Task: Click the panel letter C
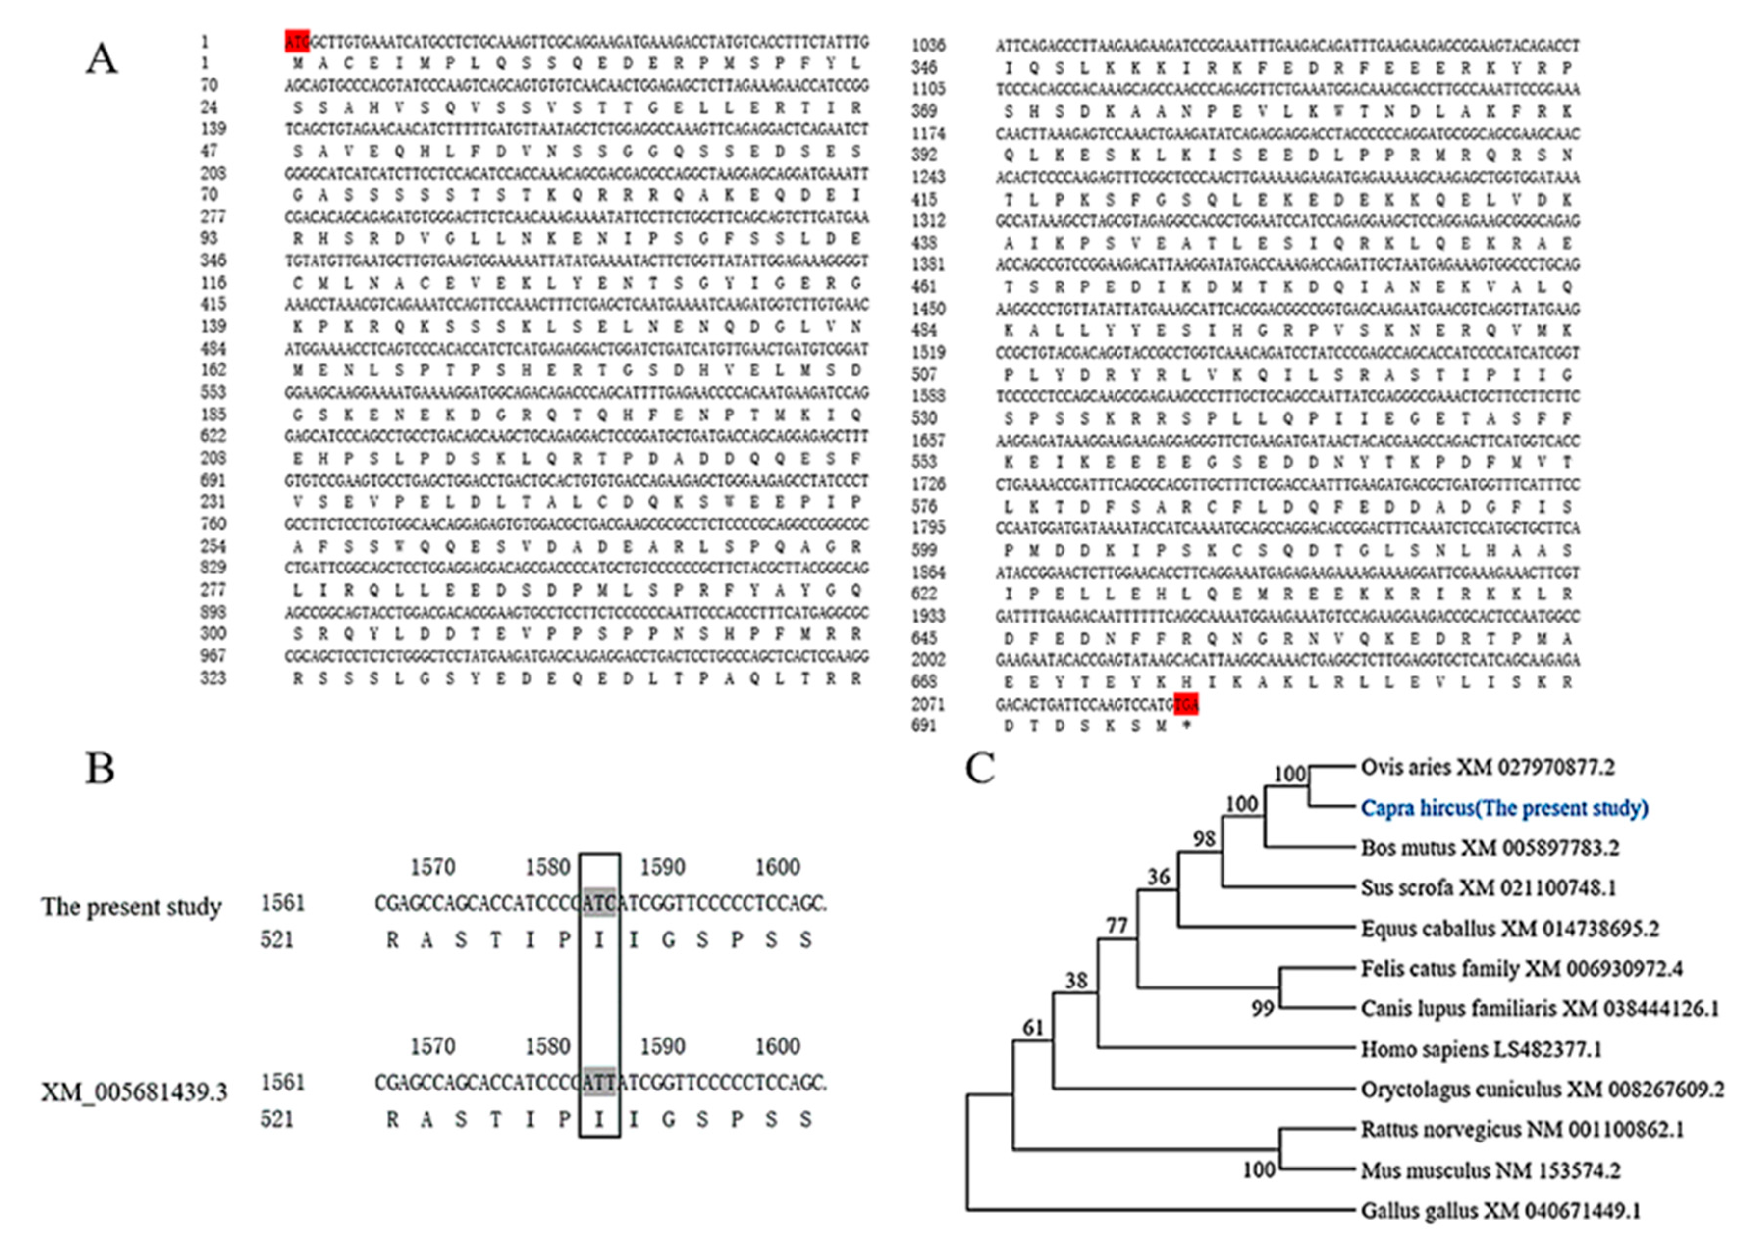pyautogui.click(x=980, y=768)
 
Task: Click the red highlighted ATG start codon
pyautogui.click(x=297, y=41)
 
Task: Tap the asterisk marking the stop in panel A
pyautogui.click(x=1187, y=725)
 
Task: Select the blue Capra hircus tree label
pyautogui.click(x=1504, y=808)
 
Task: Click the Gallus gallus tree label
pyautogui.click(x=1500, y=1211)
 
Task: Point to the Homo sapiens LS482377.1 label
pyautogui.click(x=1481, y=1049)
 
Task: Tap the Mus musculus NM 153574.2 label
pyautogui.click(x=1490, y=1170)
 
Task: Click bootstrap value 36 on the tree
pyautogui.click(x=1158, y=876)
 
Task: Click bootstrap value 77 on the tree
pyautogui.click(x=1116, y=926)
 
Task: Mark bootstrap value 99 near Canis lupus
pyautogui.click(x=1262, y=1008)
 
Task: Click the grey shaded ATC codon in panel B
pyautogui.click(x=599, y=903)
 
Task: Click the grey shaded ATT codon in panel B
pyautogui.click(x=599, y=1083)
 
